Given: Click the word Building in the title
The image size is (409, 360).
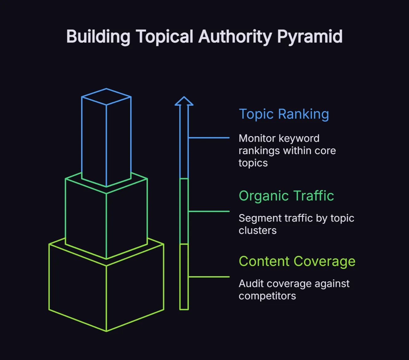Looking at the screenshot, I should coord(98,37).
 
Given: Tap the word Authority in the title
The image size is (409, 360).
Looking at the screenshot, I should coord(235,37).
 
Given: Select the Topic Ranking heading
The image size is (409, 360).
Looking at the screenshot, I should coord(284,114).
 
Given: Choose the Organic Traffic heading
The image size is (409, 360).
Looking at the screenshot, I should coord(286,196).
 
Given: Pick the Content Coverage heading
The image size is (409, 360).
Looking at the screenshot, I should coord(297,261).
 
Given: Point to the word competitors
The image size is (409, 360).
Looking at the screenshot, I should coord(267,296).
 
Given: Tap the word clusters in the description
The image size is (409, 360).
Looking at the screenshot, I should coord(257,230).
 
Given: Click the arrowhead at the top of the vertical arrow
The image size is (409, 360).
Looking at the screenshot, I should coord(184,102).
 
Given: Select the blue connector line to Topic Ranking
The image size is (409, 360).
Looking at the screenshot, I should coord(209,138).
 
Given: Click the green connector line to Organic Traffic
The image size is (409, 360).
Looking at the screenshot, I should coord(209,211).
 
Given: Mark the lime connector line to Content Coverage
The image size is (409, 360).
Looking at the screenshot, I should coord(209,277).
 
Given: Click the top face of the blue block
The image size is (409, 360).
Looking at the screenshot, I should coord(106,97).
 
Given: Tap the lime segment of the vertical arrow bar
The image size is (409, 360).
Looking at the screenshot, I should coord(184,276).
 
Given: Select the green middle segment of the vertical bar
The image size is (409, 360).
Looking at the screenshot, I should coord(184,211).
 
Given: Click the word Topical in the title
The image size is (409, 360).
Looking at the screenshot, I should coord(165,37).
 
